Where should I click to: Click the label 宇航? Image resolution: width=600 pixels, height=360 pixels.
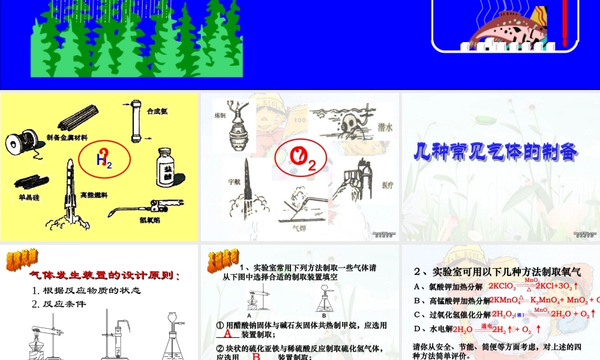(x=234, y=180)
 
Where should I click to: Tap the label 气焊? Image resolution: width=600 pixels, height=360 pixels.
(x=298, y=227)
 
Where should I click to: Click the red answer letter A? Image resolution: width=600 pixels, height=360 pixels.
(x=227, y=334)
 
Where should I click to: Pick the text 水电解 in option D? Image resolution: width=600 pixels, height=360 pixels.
(x=437, y=329)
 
